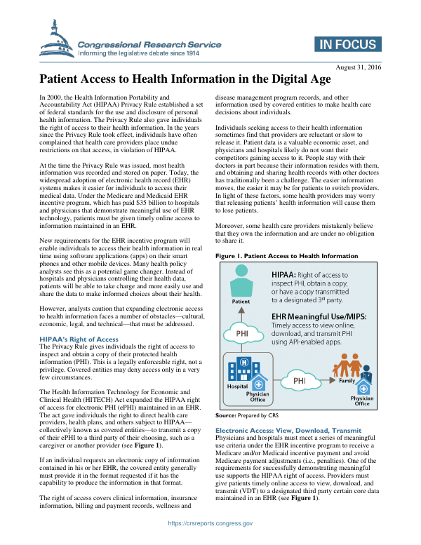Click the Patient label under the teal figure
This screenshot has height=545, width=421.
241,302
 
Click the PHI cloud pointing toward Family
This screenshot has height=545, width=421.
299,381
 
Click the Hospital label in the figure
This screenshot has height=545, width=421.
236,386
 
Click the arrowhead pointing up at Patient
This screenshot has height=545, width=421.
241,308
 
